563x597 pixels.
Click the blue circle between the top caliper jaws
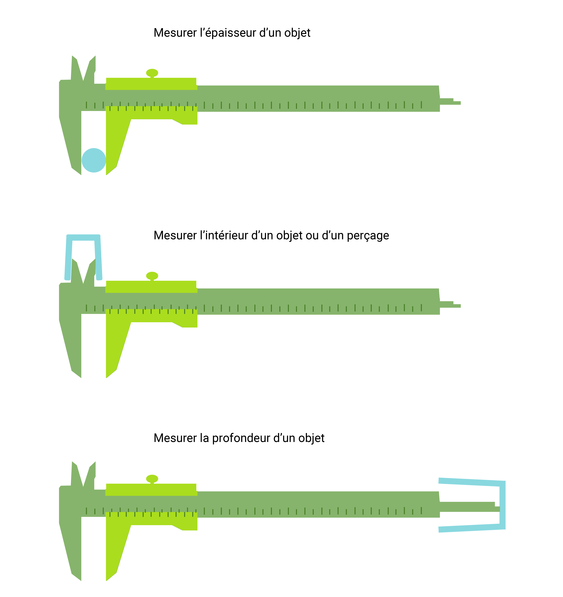pyautogui.click(x=94, y=160)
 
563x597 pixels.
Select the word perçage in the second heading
pyautogui.click(x=368, y=236)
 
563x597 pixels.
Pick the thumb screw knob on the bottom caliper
pyautogui.click(x=152, y=479)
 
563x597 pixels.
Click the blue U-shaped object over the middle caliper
pyautogui.click(x=83, y=238)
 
